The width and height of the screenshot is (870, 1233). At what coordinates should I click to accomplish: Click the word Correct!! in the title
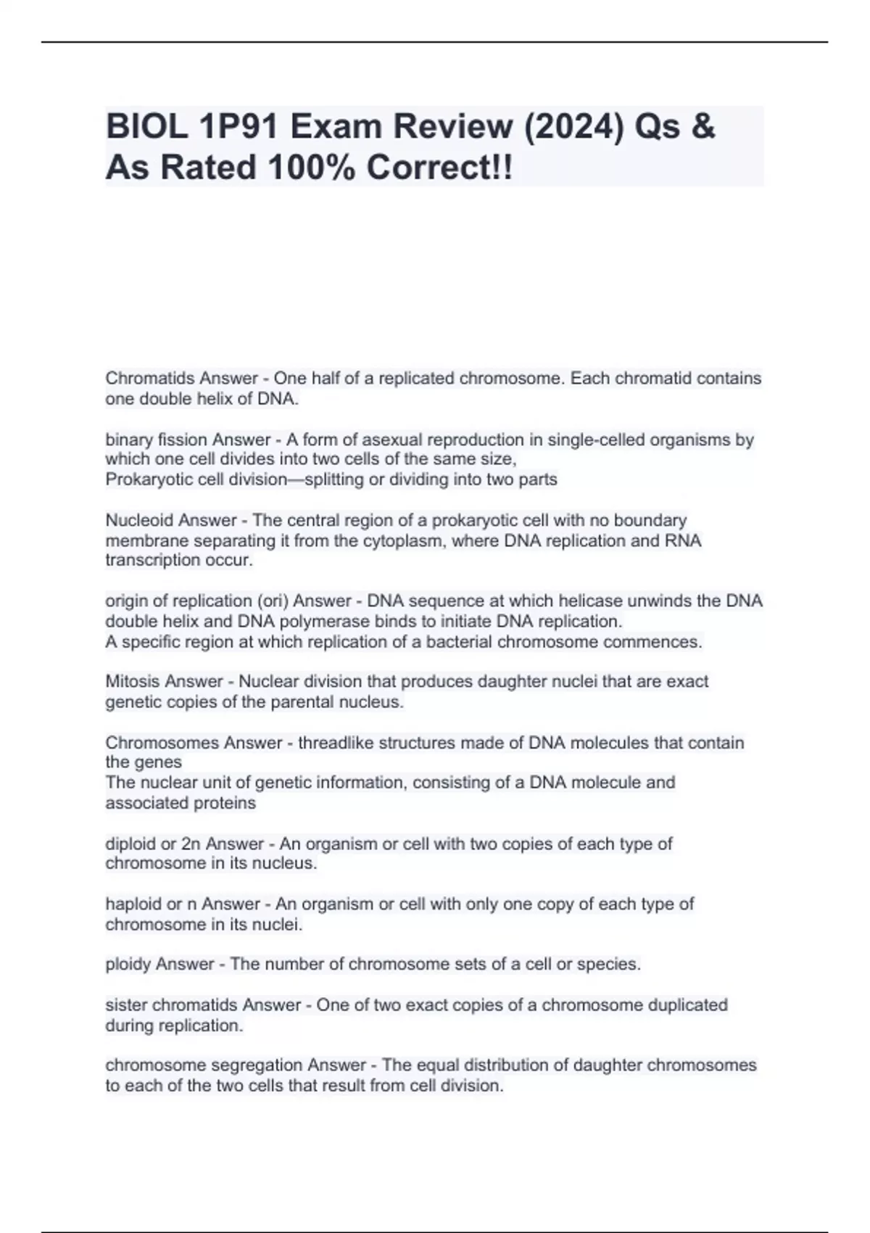(x=439, y=168)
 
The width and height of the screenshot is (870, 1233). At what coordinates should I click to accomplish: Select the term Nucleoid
(x=139, y=521)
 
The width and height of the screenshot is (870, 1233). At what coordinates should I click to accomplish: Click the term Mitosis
(x=132, y=682)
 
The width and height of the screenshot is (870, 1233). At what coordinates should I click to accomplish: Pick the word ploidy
(x=128, y=965)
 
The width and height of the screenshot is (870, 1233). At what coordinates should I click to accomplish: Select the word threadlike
(x=335, y=743)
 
